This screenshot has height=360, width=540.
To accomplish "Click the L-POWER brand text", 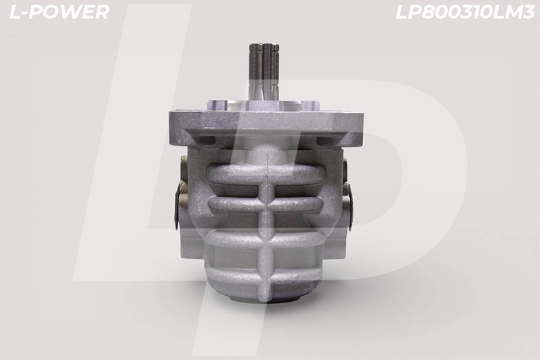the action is point(59,12).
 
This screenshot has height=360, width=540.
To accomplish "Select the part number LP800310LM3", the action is point(465,12).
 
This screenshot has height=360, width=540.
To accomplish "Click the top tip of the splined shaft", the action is point(264,44).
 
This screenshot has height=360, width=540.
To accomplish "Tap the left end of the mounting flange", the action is point(169,128).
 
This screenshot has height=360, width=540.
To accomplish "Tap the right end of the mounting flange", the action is point(362,128).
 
